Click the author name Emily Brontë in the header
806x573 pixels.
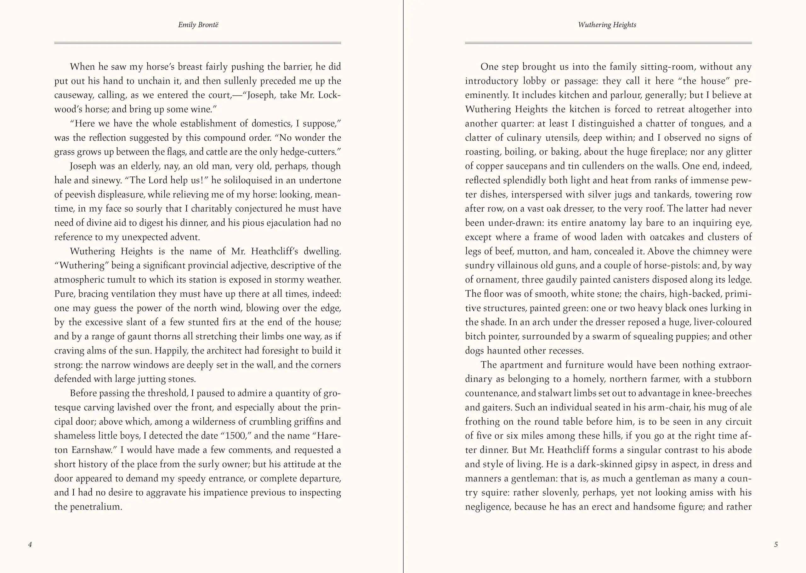coord(198,25)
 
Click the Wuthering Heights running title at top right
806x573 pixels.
coord(607,25)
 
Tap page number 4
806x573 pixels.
coord(30,544)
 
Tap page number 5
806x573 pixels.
coord(776,544)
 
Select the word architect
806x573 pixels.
coord(228,351)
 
